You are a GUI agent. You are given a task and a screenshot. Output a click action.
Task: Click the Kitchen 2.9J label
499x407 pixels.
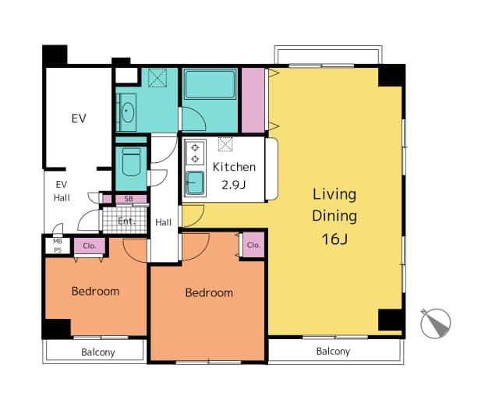point(234,175)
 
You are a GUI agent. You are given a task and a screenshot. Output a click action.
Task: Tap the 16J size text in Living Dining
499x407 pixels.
point(334,239)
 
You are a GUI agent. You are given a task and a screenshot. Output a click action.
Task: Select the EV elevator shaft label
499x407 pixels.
point(79,119)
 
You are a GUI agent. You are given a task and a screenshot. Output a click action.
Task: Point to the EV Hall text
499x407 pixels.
point(62,191)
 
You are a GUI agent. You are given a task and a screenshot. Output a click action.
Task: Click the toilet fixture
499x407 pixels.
point(131,162)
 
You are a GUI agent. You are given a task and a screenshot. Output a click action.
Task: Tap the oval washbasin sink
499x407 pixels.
point(128,112)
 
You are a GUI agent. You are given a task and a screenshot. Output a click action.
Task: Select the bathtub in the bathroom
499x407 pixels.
point(210,85)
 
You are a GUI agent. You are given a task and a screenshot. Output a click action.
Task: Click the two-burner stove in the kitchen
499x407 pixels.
point(195,153)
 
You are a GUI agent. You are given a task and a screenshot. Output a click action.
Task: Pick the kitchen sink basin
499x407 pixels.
point(195,182)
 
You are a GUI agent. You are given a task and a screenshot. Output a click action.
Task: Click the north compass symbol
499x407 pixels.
point(435,323)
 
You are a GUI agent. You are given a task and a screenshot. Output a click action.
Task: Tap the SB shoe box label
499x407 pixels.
point(129,199)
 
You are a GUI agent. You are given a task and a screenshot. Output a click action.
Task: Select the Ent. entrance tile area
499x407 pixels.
point(125,220)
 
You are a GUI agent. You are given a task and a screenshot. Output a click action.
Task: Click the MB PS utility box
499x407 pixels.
point(58,246)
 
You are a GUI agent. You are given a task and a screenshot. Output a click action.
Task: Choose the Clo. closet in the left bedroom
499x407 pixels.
point(90,246)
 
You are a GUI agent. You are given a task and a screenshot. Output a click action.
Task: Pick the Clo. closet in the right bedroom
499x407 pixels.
point(253,245)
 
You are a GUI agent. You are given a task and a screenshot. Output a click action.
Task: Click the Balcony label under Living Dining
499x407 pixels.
point(333,352)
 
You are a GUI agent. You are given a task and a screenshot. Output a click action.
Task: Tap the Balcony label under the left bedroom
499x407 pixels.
point(98,352)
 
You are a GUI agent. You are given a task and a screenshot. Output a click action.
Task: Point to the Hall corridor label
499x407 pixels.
point(163,222)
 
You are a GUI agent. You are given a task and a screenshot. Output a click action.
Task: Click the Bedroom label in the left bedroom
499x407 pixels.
point(95,291)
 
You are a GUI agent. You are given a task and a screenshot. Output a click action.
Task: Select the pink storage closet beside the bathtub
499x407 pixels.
point(253,100)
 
